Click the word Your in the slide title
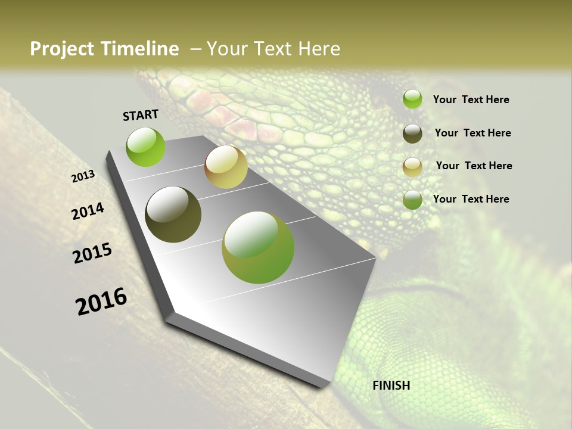click(226, 49)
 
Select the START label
click(141, 115)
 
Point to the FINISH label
click(391, 386)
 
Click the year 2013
click(83, 176)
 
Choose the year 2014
click(88, 211)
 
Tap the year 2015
click(92, 253)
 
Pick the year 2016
click(101, 301)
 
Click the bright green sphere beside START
click(146, 147)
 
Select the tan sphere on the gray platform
click(226, 167)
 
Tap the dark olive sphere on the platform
click(173, 214)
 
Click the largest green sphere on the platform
click(258, 247)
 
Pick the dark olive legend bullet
click(412, 133)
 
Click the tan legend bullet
click(412, 167)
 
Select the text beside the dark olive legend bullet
click(472, 133)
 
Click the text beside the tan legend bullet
click(474, 166)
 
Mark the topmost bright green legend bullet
click(412, 100)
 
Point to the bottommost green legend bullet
click(412, 200)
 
